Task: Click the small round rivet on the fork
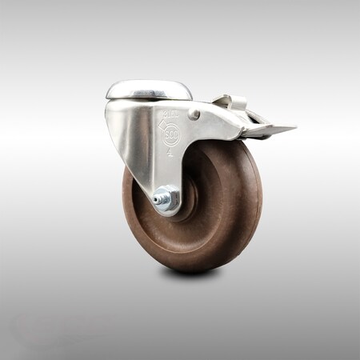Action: pyautogui.click(x=194, y=114)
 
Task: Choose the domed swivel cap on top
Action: pyautogui.click(x=149, y=90)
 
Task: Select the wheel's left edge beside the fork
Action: pyautogui.click(x=126, y=192)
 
